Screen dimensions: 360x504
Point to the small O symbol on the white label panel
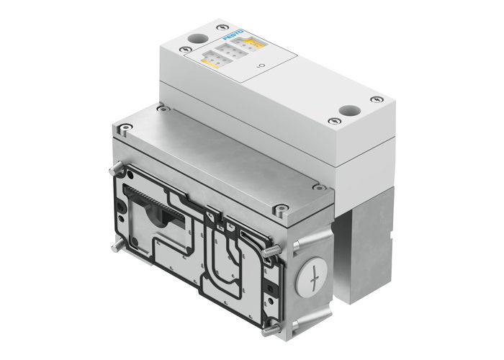[x=261, y=67]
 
